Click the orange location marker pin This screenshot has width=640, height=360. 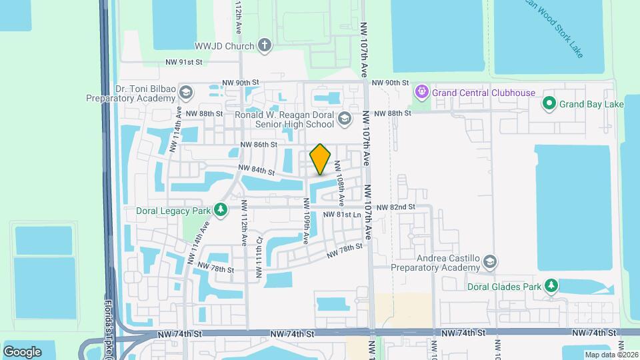coord(321,159)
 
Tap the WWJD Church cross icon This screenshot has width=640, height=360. coord(265,46)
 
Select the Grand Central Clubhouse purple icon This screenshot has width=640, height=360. coord(421,92)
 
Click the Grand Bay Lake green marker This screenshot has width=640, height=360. coord(549,103)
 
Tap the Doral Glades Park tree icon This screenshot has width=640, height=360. coord(551,286)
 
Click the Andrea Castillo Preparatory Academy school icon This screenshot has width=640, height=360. coord(491,261)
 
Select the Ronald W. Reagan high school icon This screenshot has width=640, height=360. coord(344,119)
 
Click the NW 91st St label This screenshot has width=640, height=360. coord(184,63)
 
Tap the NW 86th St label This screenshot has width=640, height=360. coord(259,144)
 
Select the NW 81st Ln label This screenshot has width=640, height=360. coord(342,215)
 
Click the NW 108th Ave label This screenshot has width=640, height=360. coord(339,182)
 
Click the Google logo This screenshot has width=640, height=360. coord(22,351)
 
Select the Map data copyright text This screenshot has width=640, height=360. coord(611,355)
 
